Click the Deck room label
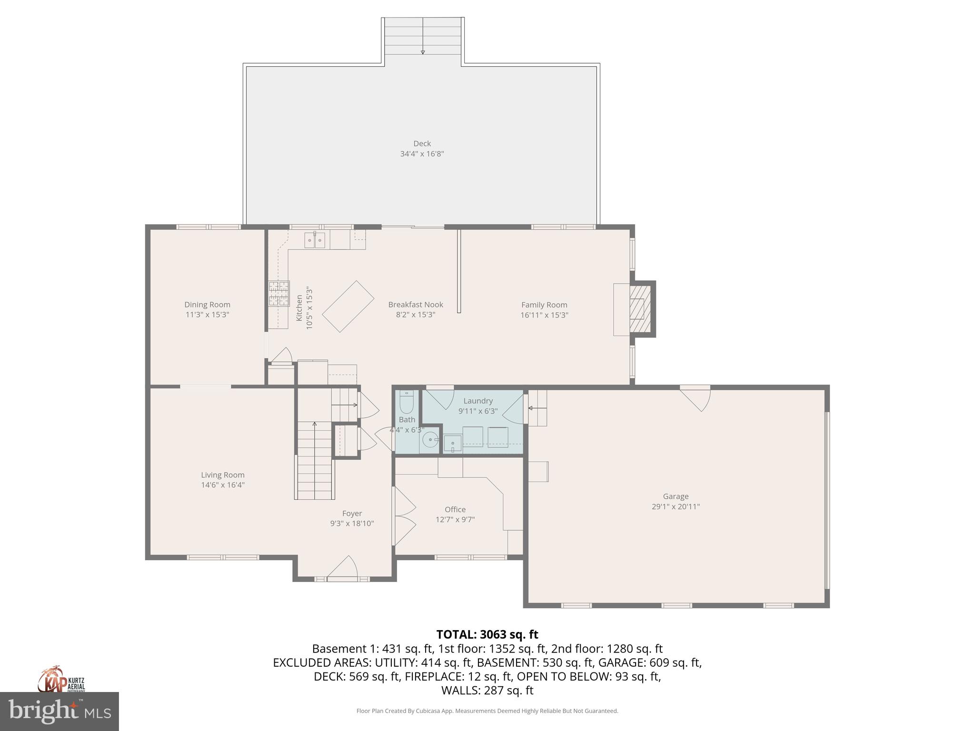pyautogui.click(x=422, y=143)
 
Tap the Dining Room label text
pyautogui.click(x=207, y=305)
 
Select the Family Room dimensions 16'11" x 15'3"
pyautogui.click(x=544, y=315)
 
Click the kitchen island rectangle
pyautogui.click(x=348, y=306)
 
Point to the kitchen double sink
pyautogui.click(x=315, y=240)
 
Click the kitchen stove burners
pyautogui.click(x=279, y=293)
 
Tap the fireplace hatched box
pyautogui.click(x=640, y=308)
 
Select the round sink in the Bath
pyautogui.click(x=430, y=440)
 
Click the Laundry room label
pyautogui.click(x=478, y=401)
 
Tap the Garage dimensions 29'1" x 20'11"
pyautogui.click(x=676, y=507)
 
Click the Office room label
pyautogui.click(x=455, y=509)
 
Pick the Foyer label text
pyautogui.click(x=352, y=513)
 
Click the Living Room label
pyautogui.click(x=222, y=474)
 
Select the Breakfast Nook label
pyautogui.click(x=415, y=305)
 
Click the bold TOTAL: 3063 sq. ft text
pyautogui.click(x=487, y=634)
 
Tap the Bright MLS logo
pyautogui.click(x=59, y=711)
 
